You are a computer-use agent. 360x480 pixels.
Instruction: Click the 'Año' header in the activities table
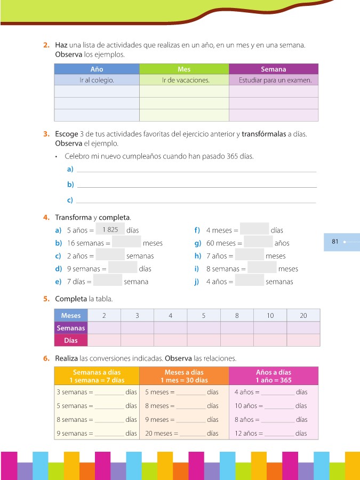[x=97, y=69]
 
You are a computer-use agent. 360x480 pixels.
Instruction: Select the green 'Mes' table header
[x=183, y=69]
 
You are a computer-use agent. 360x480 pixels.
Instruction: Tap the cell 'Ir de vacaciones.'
[x=183, y=80]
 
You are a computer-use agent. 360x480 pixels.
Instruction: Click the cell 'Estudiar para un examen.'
[x=274, y=80]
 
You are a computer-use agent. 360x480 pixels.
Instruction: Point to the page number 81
[x=335, y=242]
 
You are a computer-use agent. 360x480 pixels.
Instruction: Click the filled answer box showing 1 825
[x=110, y=229]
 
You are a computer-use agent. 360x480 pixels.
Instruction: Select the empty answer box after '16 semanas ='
[x=127, y=243]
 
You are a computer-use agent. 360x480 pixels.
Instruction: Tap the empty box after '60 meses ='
[x=258, y=243]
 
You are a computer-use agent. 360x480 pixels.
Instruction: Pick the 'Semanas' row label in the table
[x=70, y=328]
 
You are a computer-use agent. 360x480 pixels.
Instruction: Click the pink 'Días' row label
[x=70, y=340]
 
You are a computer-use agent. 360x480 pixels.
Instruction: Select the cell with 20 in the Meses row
[x=303, y=315]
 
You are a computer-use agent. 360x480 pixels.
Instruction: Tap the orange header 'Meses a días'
[x=183, y=376]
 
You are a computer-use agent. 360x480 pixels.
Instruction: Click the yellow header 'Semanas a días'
[x=97, y=376]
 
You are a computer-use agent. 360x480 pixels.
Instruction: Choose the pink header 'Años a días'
[x=274, y=376]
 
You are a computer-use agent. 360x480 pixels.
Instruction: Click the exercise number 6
[x=46, y=358]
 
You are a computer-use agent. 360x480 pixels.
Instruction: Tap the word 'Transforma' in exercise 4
[x=73, y=218]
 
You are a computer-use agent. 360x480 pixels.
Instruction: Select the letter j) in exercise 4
[x=196, y=282]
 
